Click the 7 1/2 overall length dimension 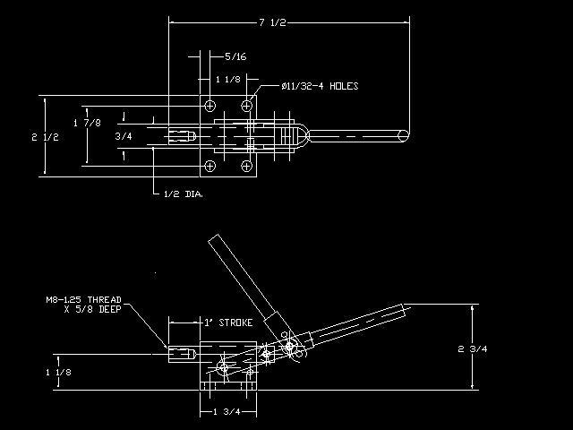click(x=272, y=22)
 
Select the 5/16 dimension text click(x=235, y=56)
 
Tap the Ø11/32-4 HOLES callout click(x=321, y=86)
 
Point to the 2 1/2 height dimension click(x=45, y=137)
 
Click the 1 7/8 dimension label click(x=87, y=123)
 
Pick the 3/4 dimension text click(x=124, y=136)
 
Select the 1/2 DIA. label click(x=184, y=194)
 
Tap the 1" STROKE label click(x=228, y=322)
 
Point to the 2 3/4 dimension click(x=473, y=348)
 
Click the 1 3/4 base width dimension click(x=227, y=412)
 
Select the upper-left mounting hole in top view click(x=210, y=106)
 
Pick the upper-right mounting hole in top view click(x=247, y=106)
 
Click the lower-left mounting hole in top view click(x=210, y=166)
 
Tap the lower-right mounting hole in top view click(x=247, y=166)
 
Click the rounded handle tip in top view click(x=404, y=135)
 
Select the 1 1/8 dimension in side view click(x=58, y=373)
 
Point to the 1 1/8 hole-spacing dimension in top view click(x=228, y=80)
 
